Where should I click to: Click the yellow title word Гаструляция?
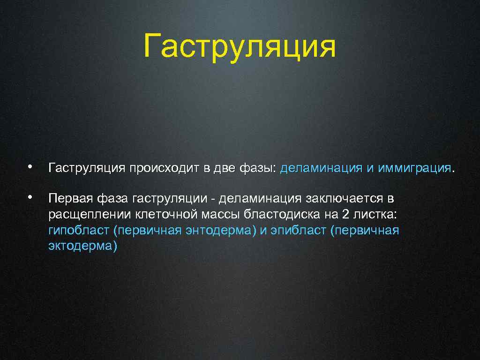pos(240,46)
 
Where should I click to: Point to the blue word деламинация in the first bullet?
pos(321,168)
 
